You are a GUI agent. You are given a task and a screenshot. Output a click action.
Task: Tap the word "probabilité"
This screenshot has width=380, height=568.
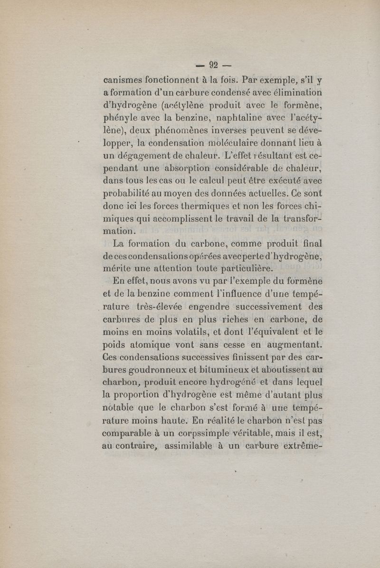[x=130, y=194]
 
